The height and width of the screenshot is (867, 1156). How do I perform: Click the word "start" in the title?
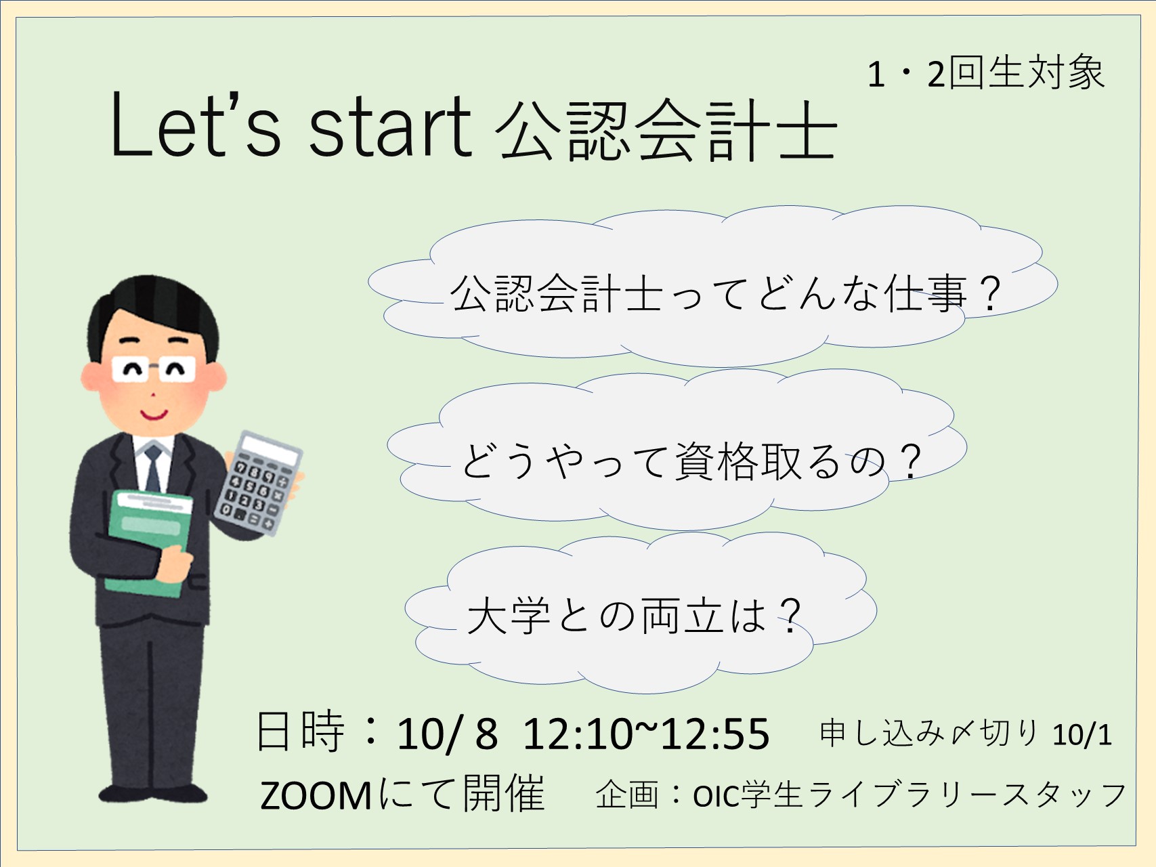pyautogui.click(x=389, y=127)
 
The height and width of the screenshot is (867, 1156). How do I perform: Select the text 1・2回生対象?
pyautogui.click(x=986, y=73)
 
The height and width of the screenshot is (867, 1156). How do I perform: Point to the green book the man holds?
pyautogui.click(x=150, y=542)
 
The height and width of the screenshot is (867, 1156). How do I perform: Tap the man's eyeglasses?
pyautogui.click(x=154, y=369)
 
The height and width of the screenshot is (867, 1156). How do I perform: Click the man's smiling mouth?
pyautogui.click(x=154, y=413)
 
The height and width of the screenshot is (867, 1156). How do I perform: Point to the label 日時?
pyautogui.click(x=300, y=732)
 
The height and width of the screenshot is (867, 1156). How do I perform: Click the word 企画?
pyautogui.click(x=627, y=794)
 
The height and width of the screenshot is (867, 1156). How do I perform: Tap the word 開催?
pyautogui.click(x=504, y=793)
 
